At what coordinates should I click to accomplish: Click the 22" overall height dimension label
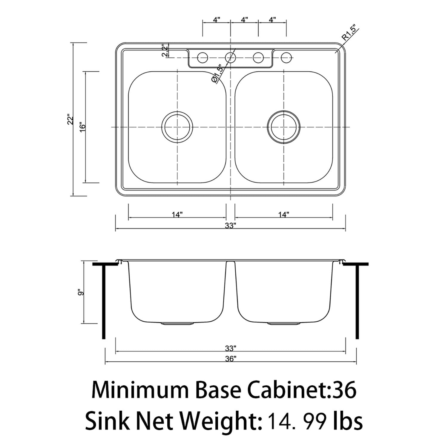pos(70,119)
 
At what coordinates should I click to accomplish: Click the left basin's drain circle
pos(177,127)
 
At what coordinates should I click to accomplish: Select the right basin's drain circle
pos(283,127)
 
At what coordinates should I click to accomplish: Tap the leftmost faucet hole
pos(203,57)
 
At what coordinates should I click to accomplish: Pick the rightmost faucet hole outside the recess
pos(286,57)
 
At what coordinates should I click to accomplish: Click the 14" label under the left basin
pos(177,214)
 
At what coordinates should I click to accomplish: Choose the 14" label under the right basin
pos(283,214)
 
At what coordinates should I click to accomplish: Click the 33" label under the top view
pos(231,225)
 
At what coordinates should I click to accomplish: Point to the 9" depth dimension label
pos(79,292)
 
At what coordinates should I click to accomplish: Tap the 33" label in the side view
pos(231,348)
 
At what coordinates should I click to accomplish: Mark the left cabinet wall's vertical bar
pos(104,302)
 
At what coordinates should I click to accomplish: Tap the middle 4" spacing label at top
pos(244,20)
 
